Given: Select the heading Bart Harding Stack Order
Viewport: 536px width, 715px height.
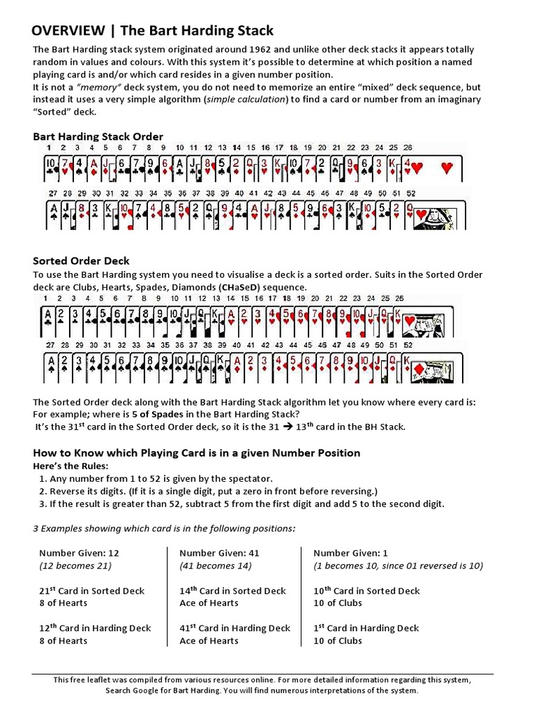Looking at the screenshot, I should (x=98, y=136).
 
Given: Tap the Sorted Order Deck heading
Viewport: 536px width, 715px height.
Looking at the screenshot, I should (x=82, y=260).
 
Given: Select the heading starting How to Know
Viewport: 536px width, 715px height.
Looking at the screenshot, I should (x=197, y=452).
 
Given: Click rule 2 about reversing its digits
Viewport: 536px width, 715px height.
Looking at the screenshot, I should (x=208, y=491).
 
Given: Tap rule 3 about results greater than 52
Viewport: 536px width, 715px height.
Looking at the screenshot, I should (x=241, y=503).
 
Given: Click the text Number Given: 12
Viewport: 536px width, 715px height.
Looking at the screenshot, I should (x=79, y=552).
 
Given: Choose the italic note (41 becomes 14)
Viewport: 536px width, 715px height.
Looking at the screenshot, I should (x=216, y=566).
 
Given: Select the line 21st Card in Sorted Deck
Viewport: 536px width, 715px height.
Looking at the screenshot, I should (x=91, y=591).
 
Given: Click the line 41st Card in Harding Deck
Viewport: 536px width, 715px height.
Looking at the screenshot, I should (x=234, y=628).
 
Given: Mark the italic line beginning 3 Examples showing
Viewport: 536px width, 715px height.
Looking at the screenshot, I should (x=164, y=528).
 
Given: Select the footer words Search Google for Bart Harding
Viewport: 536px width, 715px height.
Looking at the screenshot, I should (x=163, y=691).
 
